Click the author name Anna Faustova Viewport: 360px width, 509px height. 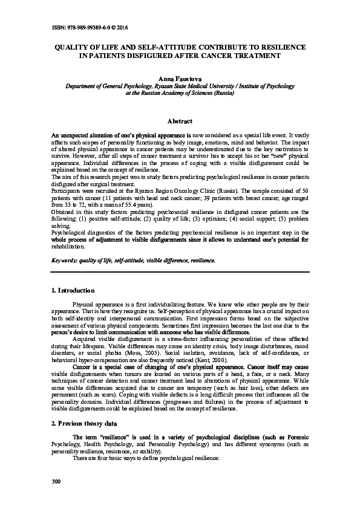point(180,80)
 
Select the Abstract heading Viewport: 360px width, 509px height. point(180,122)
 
